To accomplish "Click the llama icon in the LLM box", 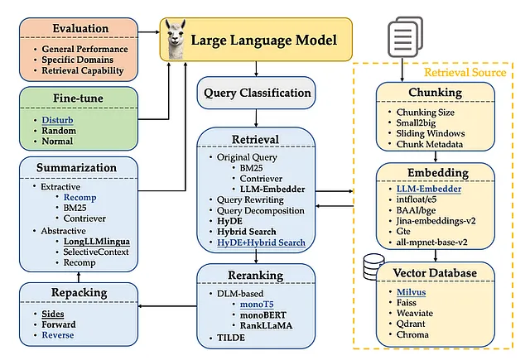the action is pyautogui.click(x=176, y=39).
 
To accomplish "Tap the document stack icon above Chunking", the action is pyautogui.click(x=405, y=36).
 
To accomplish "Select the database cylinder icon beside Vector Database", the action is pyautogui.click(x=373, y=266).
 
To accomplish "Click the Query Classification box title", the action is pyautogui.click(x=258, y=93).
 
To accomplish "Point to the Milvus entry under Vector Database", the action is pyautogui.click(x=411, y=292).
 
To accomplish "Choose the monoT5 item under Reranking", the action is pyautogui.click(x=257, y=305).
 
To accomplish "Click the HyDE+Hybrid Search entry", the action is pyautogui.click(x=261, y=242).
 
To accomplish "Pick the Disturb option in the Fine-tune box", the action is pyautogui.click(x=57, y=120).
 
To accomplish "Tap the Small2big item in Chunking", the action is pyautogui.click(x=416, y=122).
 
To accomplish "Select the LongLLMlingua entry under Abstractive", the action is pyautogui.click(x=97, y=242).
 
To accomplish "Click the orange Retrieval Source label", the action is pyautogui.click(x=465, y=72).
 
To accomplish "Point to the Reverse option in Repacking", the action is pyautogui.click(x=58, y=335).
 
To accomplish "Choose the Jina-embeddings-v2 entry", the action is pyautogui.click(x=436, y=221).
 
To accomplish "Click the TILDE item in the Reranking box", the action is pyautogui.click(x=231, y=338).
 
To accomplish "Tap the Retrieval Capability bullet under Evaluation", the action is pyautogui.click(x=83, y=70).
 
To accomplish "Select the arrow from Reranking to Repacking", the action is pyautogui.click(x=167, y=306).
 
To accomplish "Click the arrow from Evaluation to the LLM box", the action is pyautogui.click(x=149, y=32).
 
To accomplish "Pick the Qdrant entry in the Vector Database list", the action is pyautogui.click(x=411, y=324).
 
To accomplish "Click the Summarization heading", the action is pyautogui.click(x=76, y=167).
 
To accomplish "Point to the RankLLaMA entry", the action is pyautogui.click(x=267, y=325).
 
